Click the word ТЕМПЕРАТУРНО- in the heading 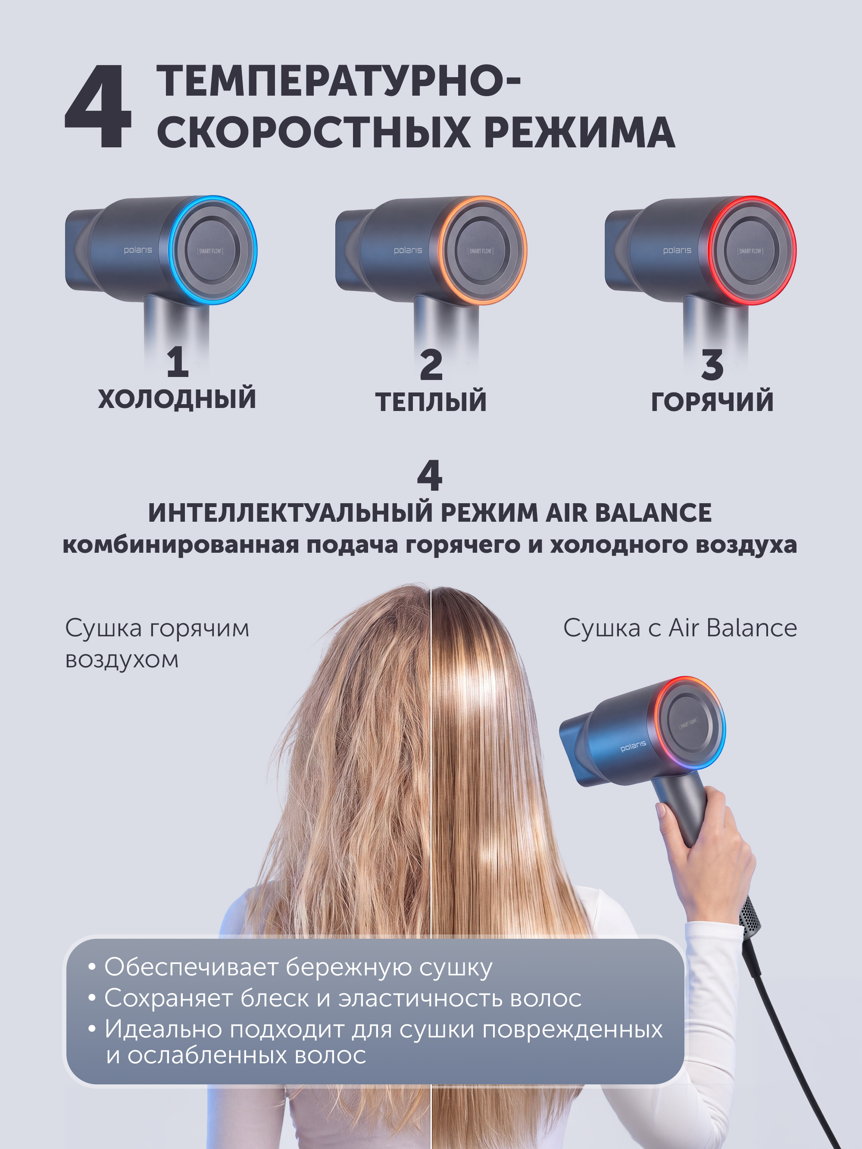click(x=338, y=81)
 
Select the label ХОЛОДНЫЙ click(x=177, y=399)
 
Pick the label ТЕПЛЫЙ click(x=431, y=402)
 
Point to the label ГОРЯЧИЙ click(x=712, y=402)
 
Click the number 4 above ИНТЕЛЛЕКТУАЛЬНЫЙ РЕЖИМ click(x=430, y=475)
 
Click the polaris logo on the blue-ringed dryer click(x=137, y=250)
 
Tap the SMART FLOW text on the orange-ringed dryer click(x=481, y=251)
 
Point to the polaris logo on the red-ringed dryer click(x=677, y=250)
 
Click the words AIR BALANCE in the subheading click(x=628, y=513)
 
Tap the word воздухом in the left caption click(x=122, y=660)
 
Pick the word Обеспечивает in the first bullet click(x=191, y=967)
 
